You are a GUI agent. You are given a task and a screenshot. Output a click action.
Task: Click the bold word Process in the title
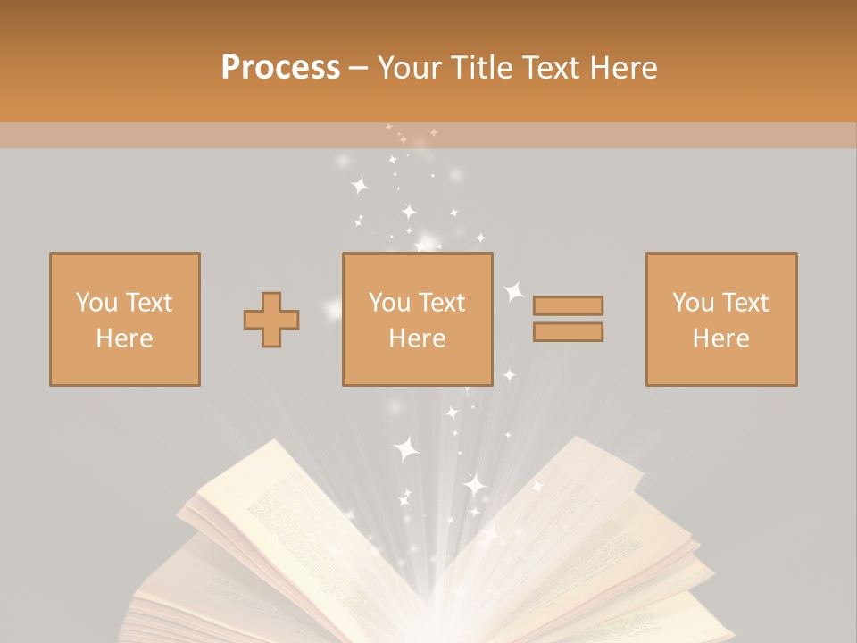point(280,68)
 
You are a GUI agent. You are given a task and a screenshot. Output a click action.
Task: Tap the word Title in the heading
point(482,68)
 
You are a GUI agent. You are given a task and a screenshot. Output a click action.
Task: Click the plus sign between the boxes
point(271,320)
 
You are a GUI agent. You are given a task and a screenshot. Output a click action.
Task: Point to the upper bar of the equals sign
point(568,305)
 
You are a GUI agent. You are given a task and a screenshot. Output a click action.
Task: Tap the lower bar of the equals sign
point(568,332)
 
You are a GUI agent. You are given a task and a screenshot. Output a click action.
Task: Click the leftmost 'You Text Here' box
point(124,319)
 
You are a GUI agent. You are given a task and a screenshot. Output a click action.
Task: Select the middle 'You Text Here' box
point(417,319)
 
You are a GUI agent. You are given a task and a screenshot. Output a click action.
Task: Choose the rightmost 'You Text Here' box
point(720,319)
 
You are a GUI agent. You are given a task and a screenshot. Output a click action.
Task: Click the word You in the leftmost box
point(96,302)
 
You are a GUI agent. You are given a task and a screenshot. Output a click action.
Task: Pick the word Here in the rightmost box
point(720,338)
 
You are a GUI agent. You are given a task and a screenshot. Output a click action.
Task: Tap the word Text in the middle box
point(442,302)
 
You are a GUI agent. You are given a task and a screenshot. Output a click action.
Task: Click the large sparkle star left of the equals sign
point(514,291)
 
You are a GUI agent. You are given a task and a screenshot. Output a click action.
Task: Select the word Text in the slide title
point(550,68)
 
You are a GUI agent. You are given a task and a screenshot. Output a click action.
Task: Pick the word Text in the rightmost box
point(745,302)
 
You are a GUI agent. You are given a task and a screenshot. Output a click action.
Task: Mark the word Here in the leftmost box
point(124,338)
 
